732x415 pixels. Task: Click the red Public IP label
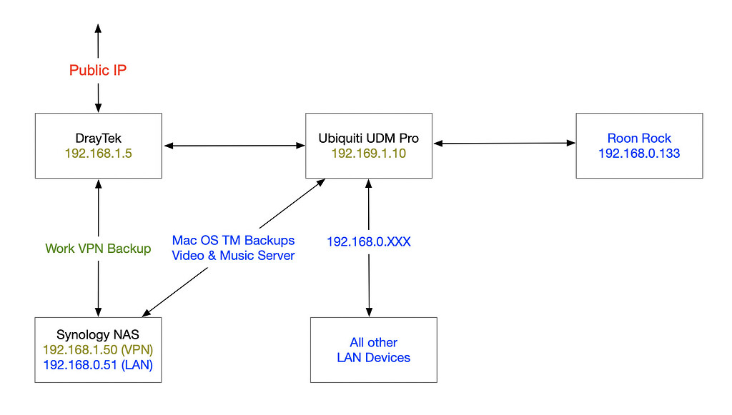coord(98,70)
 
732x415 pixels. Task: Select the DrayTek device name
coord(98,138)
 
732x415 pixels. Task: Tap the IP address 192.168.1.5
coord(98,153)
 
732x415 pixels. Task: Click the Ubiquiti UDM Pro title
coord(368,139)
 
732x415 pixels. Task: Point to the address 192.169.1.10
coord(368,153)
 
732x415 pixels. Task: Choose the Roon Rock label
coord(639,139)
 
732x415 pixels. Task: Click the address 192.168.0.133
coord(639,153)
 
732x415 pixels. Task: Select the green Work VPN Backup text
coord(98,249)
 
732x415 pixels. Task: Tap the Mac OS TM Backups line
coord(233,241)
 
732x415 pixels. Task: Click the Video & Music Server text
coord(233,255)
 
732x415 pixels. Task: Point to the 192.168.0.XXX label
coord(368,242)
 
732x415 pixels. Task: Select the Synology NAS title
coord(98,334)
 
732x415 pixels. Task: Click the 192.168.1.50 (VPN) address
coord(98,349)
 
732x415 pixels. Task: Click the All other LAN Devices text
coord(373,350)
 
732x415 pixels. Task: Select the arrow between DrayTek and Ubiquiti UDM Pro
coord(234,146)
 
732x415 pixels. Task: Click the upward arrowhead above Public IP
coord(98,26)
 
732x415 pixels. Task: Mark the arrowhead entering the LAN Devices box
coord(369,312)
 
